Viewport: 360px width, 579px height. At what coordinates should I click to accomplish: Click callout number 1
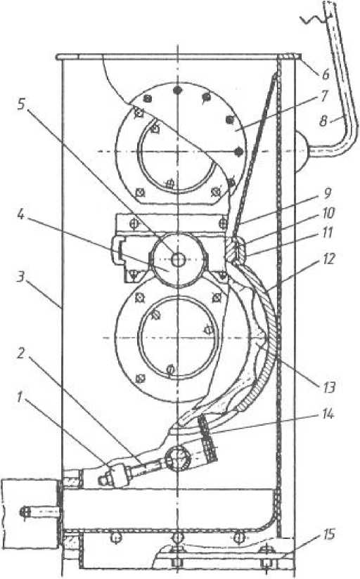point(21,398)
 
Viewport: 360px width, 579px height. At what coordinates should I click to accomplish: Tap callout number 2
point(20,353)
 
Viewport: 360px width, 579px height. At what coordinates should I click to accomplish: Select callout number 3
point(20,277)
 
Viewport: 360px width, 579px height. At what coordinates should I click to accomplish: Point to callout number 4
point(20,215)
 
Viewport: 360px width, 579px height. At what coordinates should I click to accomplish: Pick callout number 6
point(325,74)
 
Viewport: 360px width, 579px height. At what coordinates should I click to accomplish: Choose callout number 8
point(323,121)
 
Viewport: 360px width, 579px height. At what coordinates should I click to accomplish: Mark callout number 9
point(327,193)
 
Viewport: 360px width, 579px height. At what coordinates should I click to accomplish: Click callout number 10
point(328,213)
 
